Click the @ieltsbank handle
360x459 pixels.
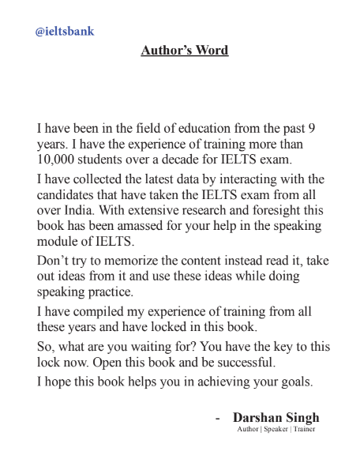pos(65,32)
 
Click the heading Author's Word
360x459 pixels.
pos(184,51)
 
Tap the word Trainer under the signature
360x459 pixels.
pos(305,429)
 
